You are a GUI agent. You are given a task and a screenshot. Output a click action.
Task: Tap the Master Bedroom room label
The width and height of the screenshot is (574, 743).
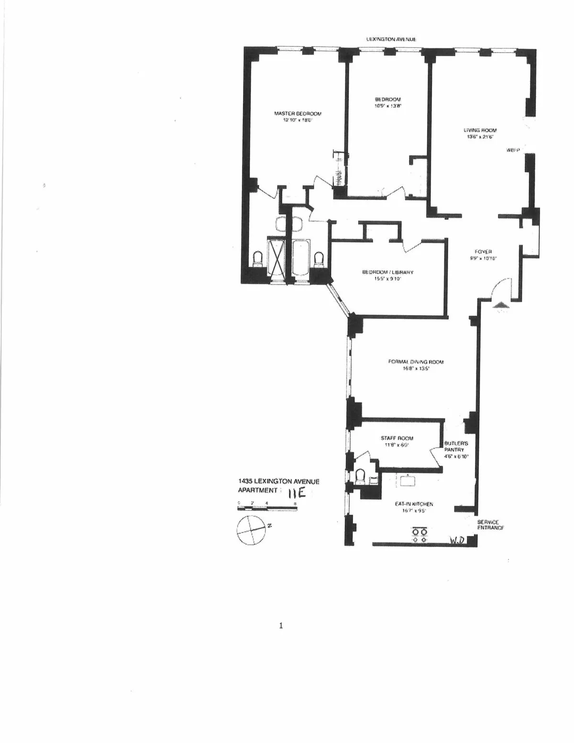point(298,117)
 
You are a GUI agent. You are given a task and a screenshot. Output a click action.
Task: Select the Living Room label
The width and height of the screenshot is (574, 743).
point(480,133)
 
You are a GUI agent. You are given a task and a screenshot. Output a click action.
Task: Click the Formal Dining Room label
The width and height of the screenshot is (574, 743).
point(416,365)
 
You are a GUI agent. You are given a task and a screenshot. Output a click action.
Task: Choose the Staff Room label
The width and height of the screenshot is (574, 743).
point(397,441)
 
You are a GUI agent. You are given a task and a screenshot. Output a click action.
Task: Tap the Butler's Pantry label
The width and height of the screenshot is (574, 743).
point(456,450)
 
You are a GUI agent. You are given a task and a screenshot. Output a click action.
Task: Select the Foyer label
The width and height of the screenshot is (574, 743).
point(484,255)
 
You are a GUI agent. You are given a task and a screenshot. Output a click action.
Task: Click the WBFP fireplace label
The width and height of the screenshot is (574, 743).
point(513,150)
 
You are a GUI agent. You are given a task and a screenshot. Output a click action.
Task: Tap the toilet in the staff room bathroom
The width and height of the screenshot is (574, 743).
point(361,477)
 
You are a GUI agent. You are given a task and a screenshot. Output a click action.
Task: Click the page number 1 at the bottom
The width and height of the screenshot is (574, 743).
point(281,625)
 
